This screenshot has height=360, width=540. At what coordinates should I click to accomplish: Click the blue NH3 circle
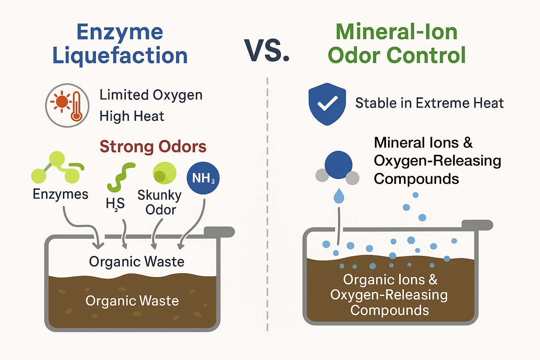(x=203, y=178)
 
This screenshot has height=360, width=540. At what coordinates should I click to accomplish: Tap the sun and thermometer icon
(x=67, y=105)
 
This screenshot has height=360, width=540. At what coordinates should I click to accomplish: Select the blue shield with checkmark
(x=327, y=104)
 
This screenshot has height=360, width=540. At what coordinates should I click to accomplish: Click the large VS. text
(x=267, y=51)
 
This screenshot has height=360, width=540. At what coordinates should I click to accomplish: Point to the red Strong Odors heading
(x=153, y=147)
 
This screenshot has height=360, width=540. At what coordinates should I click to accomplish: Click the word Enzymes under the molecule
(x=60, y=194)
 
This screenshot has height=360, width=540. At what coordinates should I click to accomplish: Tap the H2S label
(x=115, y=204)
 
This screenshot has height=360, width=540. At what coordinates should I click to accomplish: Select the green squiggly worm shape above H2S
(x=121, y=177)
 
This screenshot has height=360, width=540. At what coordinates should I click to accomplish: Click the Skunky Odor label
(x=160, y=202)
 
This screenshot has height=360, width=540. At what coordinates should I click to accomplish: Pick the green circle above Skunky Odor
(x=165, y=173)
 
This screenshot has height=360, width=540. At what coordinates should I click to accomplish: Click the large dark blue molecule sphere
(x=338, y=165)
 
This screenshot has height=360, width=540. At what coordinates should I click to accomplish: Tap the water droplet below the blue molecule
(x=339, y=196)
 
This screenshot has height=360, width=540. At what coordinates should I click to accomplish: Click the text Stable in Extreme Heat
(x=429, y=103)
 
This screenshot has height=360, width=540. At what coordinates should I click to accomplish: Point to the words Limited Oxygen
(x=151, y=95)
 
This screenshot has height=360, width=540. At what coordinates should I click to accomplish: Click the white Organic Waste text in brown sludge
(x=132, y=301)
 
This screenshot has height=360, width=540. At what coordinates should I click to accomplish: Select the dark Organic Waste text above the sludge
(x=136, y=262)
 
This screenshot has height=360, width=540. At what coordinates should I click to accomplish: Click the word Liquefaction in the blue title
(x=120, y=56)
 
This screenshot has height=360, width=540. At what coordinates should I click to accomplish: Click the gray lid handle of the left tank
(x=219, y=232)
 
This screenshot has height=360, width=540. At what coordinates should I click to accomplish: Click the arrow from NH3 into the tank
(x=197, y=225)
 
